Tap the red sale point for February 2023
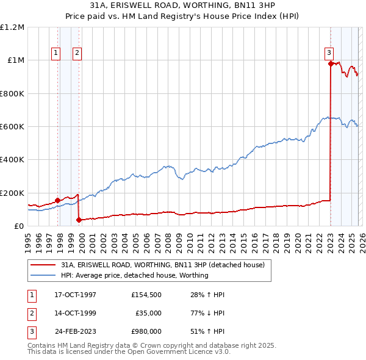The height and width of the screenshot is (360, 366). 330,63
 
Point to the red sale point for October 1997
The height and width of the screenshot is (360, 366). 57,200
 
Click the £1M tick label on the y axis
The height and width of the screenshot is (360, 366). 16,60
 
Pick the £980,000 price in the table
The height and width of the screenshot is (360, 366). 146,331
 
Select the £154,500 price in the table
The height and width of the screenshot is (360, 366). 146,295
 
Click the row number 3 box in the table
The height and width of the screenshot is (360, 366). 31,331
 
